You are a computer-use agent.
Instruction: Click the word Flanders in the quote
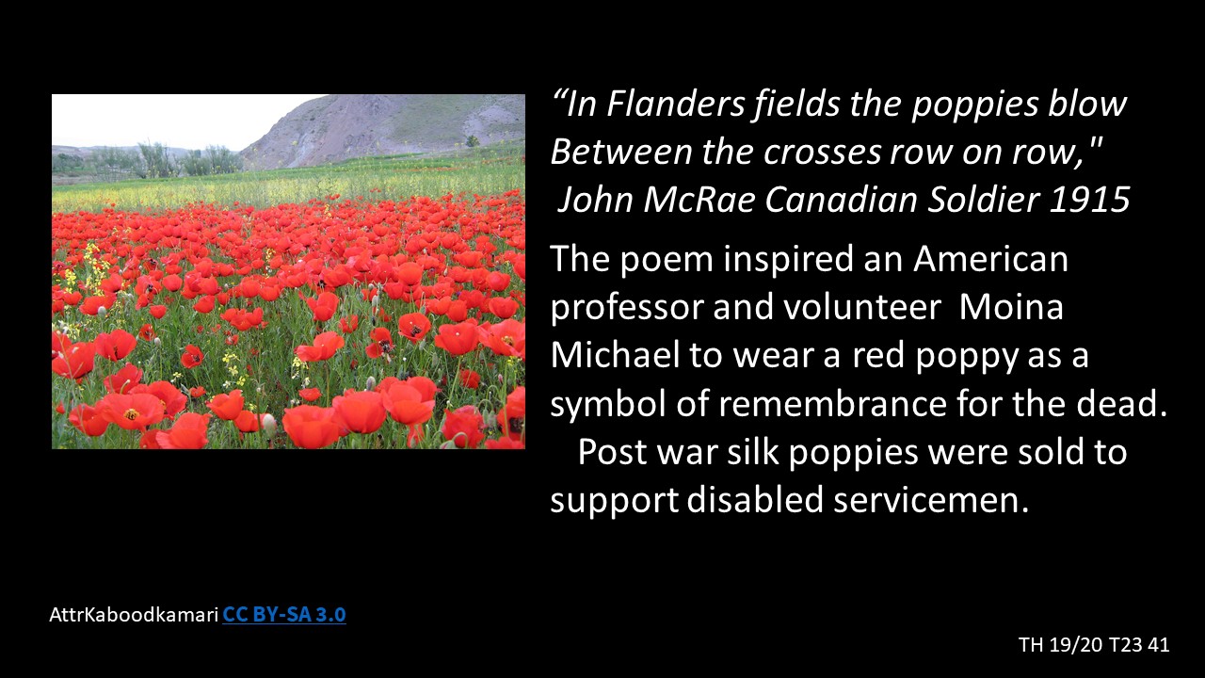(x=676, y=104)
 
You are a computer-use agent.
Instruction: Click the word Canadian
(x=842, y=200)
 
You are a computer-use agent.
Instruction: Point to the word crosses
(x=823, y=153)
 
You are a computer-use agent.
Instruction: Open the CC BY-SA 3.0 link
(x=284, y=615)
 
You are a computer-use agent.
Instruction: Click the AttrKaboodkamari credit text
(x=134, y=615)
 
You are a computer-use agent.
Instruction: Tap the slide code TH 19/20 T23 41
(x=1094, y=645)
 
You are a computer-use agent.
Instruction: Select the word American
(x=991, y=259)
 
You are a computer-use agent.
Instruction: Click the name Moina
(x=1011, y=307)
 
